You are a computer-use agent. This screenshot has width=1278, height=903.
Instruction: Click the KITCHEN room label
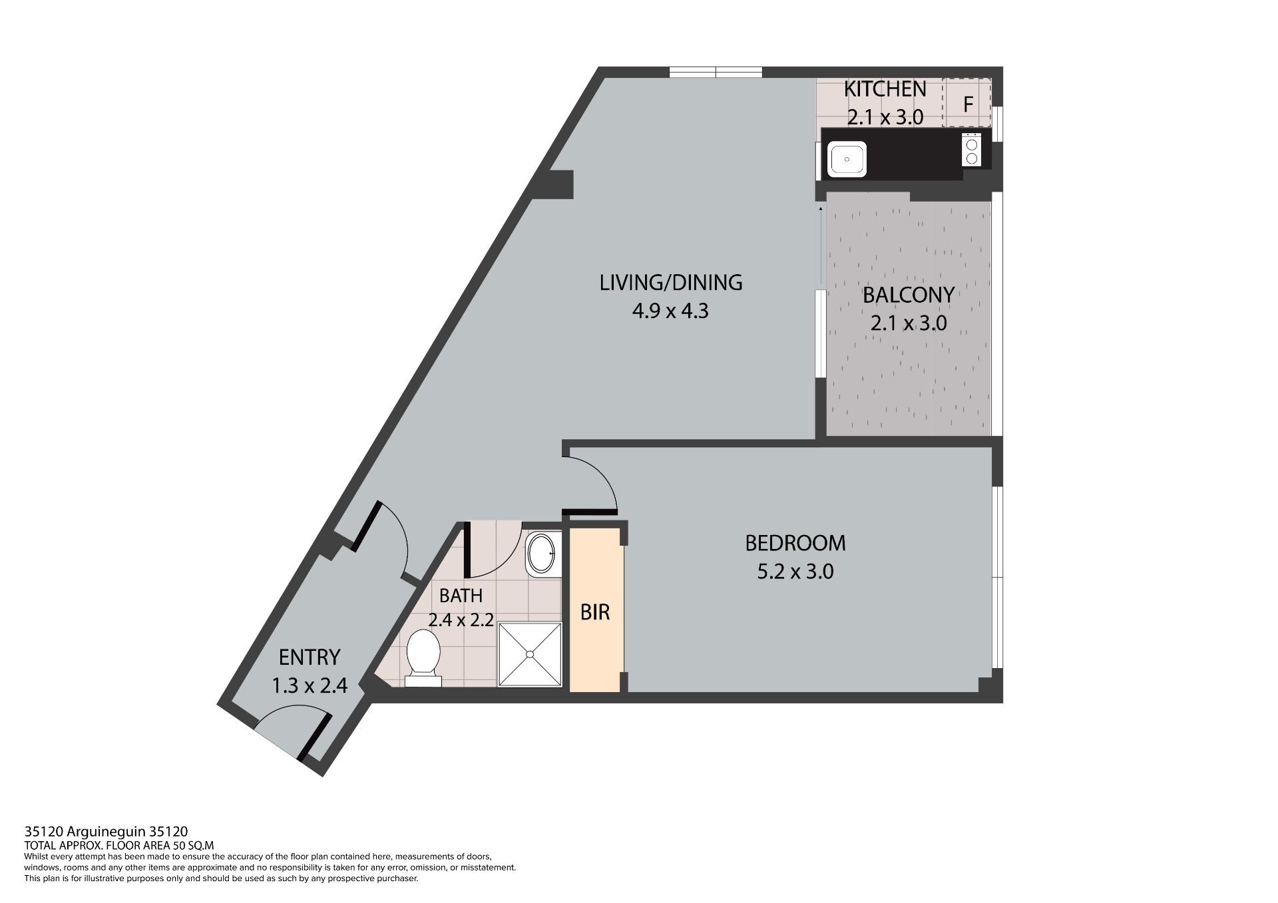pyautogui.click(x=885, y=89)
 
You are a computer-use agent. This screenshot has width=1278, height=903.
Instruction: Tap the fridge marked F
pyautogui.click(x=967, y=102)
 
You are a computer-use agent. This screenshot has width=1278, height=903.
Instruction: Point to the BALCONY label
pyautogui.click(x=909, y=295)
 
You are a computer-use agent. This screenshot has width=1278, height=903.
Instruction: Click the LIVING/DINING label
pyautogui.click(x=671, y=283)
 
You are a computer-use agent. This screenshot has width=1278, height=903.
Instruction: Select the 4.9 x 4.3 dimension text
pyautogui.click(x=670, y=311)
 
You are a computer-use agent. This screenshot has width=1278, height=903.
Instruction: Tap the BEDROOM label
pyautogui.click(x=795, y=543)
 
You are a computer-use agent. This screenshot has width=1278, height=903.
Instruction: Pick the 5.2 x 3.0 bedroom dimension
pyautogui.click(x=795, y=572)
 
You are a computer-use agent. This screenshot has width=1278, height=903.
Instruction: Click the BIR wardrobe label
pyautogui.click(x=595, y=612)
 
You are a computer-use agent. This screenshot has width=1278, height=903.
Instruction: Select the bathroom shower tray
pyautogui.click(x=531, y=654)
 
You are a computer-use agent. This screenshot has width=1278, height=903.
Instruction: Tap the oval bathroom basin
pyautogui.click(x=540, y=554)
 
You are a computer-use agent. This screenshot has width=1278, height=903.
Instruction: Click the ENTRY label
pyautogui.click(x=310, y=657)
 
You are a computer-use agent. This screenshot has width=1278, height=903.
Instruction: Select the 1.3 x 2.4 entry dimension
pyautogui.click(x=310, y=685)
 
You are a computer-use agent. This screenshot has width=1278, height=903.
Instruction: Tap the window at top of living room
pyautogui.click(x=716, y=72)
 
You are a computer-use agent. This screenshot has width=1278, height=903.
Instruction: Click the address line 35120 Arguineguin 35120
pyautogui.click(x=106, y=831)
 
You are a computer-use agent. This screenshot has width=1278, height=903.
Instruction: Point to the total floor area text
pyautogui.click(x=118, y=846)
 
